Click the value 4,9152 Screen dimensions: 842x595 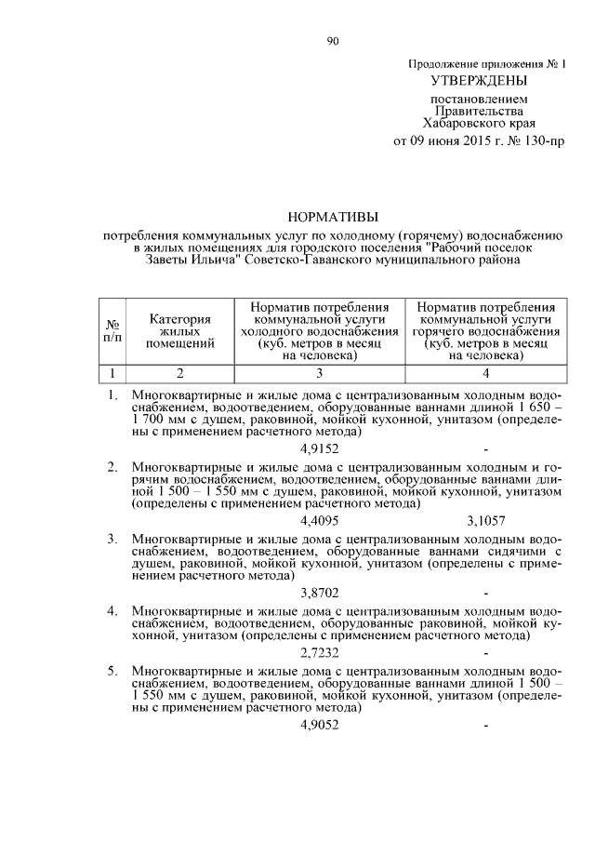point(321,448)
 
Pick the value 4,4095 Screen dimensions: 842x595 point(321,520)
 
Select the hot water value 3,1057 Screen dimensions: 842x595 point(486,520)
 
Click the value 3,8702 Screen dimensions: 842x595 point(321,592)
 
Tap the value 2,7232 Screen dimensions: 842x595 point(321,654)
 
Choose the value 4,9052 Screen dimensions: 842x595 point(321,726)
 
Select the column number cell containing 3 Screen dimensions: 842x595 point(319,374)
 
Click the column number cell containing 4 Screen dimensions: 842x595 point(486,374)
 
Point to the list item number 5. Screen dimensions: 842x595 point(112,670)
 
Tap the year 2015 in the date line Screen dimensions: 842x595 point(474,141)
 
